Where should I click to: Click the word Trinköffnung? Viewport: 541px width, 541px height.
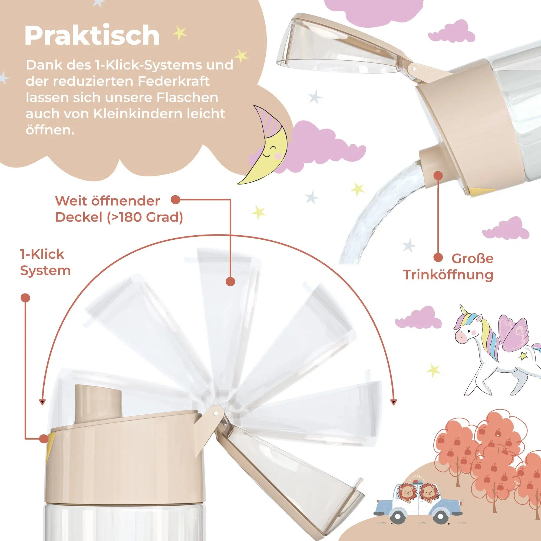tap(448, 275)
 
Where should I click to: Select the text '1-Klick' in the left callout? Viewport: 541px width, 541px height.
tap(42, 254)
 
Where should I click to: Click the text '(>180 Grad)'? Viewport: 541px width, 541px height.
tap(145, 217)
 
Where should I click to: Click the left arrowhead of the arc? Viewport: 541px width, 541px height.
tap(42, 403)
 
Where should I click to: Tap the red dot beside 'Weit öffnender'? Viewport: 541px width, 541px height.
tap(176, 200)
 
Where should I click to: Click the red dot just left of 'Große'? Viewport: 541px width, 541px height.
tap(438, 257)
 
